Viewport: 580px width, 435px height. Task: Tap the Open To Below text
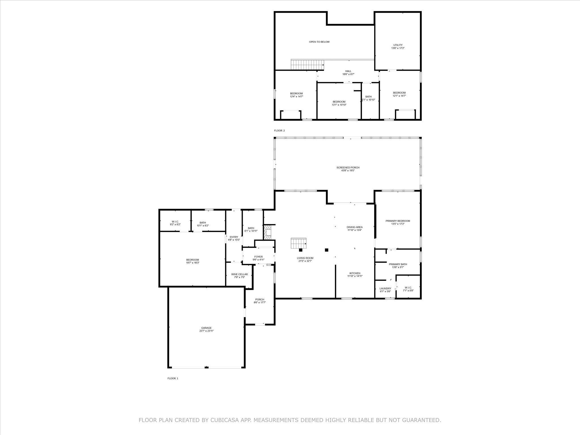(x=319, y=42)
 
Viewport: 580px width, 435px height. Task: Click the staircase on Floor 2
(x=308, y=65)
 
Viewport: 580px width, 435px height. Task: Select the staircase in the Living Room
(x=298, y=242)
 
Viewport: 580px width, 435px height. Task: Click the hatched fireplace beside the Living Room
(x=268, y=231)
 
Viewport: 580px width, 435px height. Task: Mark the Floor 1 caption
(x=173, y=378)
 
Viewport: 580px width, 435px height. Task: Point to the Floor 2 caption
(x=279, y=131)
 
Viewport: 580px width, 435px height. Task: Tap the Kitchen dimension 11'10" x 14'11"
(x=355, y=276)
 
